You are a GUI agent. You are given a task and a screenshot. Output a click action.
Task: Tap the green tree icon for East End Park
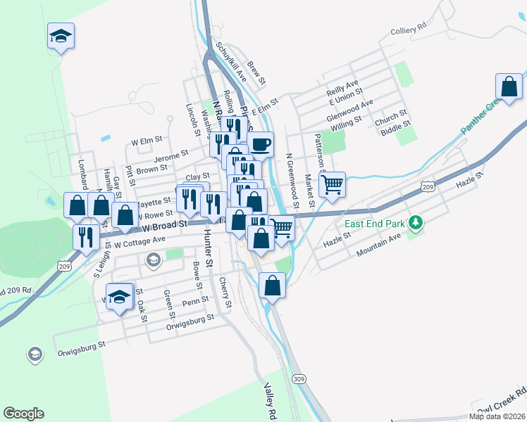point(416,223)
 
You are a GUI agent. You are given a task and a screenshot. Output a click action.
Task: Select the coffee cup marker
point(260,144)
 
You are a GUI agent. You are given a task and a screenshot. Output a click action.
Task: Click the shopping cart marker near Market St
point(332,184)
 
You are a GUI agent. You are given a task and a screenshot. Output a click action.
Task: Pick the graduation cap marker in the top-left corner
point(61,35)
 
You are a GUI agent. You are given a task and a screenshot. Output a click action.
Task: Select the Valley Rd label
point(268,400)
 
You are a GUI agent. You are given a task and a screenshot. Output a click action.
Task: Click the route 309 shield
point(299,378)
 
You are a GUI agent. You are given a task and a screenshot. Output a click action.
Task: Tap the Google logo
point(23,414)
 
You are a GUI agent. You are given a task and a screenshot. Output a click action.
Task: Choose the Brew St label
point(257,71)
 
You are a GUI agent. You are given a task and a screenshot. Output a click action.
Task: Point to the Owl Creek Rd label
point(501,402)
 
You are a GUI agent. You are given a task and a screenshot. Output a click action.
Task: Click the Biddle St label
point(395,129)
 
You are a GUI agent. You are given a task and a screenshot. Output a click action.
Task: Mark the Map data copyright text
point(500,416)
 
